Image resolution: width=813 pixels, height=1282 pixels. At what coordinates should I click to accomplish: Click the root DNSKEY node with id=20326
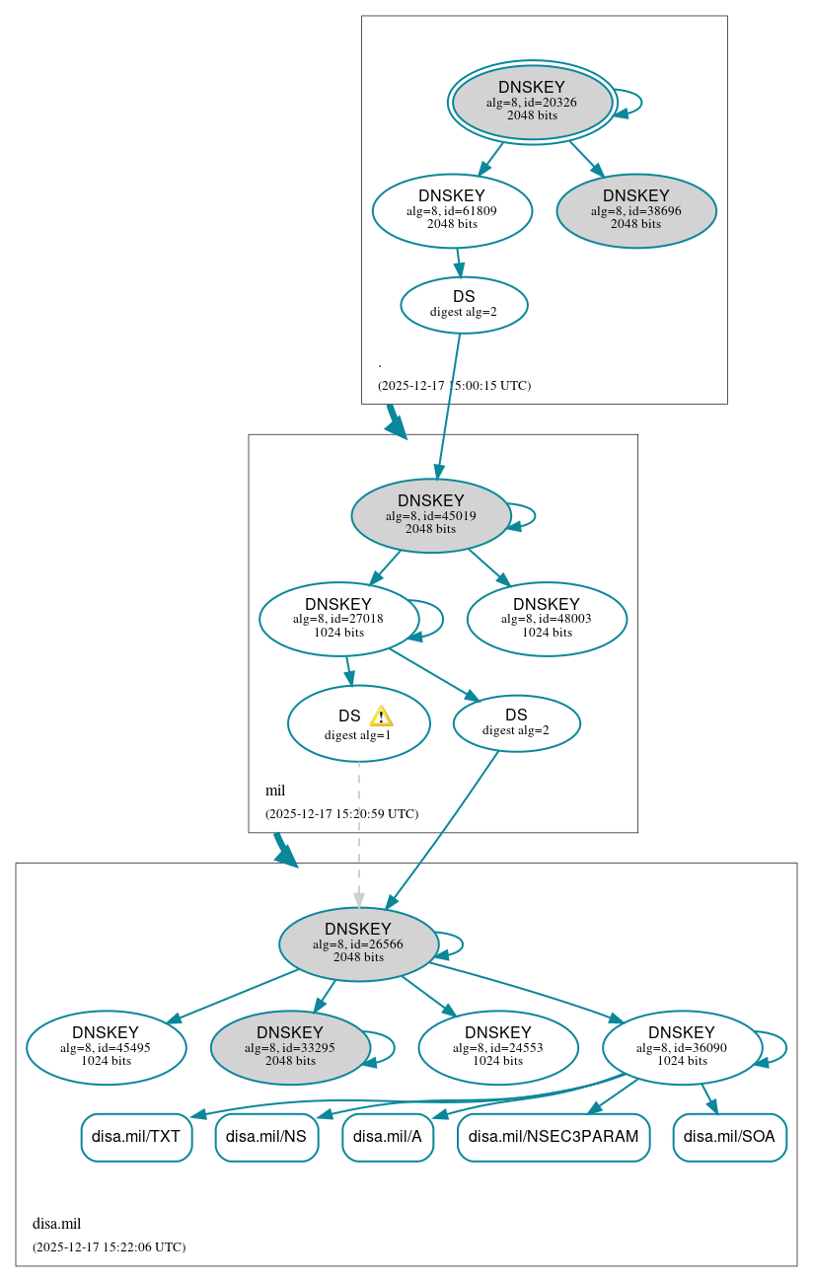[532, 102]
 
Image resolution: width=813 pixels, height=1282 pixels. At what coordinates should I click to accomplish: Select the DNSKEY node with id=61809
[452, 210]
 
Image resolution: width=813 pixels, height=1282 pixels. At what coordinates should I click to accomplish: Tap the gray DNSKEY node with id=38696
[636, 210]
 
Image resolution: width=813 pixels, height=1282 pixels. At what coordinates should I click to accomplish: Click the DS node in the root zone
[464, 304]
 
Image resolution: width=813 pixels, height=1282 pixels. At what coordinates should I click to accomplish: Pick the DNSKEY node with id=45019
[430, 515]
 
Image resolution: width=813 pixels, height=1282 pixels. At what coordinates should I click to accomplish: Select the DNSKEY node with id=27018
[338, 619]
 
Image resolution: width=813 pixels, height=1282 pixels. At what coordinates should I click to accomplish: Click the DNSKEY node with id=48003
[547, 619]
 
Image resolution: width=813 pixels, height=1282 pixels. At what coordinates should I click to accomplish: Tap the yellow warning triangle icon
[381, 716]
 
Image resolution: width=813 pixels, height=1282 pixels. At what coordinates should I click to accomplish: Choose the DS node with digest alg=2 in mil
[516, 722]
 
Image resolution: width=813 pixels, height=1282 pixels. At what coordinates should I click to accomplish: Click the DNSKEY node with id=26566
[358, 943]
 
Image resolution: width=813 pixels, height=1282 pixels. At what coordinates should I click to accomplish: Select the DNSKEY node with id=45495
[107, 1047]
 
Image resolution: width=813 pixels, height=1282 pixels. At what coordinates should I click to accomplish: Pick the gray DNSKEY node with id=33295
[290, 1047]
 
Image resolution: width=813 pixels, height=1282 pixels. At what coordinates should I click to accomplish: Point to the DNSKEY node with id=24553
[497, 1047]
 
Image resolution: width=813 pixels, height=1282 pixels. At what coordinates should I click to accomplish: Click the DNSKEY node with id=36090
[682, 1047]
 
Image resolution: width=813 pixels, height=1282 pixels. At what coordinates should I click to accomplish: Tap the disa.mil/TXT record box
[136, 1137]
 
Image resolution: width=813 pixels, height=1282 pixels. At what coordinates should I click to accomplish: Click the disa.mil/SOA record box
[729, 1137]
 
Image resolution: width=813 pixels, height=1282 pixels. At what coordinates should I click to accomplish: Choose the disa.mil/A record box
[388, 1137]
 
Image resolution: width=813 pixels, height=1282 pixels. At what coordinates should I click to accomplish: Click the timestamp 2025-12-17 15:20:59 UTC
[341, 814]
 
